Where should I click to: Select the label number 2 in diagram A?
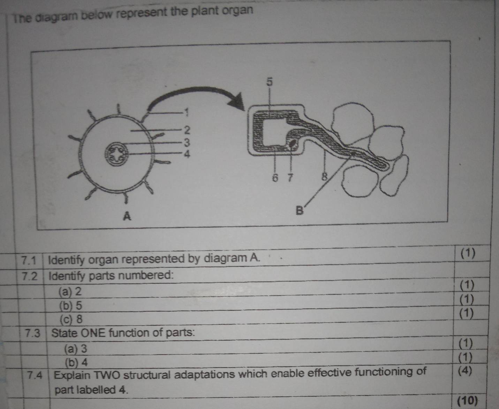coord(187,130)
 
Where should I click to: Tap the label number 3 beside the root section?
coord(187,143)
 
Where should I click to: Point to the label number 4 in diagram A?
coord(187,154)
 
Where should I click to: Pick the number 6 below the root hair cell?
coord(275,178)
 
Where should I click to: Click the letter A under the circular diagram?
coord(128,216)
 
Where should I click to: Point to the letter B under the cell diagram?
coord(300,211)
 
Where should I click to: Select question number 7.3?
coord(33,333)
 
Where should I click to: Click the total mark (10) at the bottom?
coord(467,400)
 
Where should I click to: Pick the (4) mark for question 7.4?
coord(464,370)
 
